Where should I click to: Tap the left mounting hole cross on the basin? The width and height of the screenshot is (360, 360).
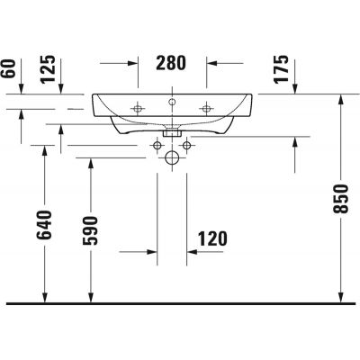pyautogui.click(x=138, y=105)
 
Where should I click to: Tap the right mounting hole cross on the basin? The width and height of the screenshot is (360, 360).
pyautogui.click(x=207, y=105)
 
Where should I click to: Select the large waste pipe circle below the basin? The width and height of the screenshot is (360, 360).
pyautogui.click(x=172, y=157)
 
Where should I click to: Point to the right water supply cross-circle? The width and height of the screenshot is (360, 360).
pyautogui.click(x=186, y=145)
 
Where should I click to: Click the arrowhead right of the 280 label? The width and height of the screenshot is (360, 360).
pyautogui.click(x=212, y=64)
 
